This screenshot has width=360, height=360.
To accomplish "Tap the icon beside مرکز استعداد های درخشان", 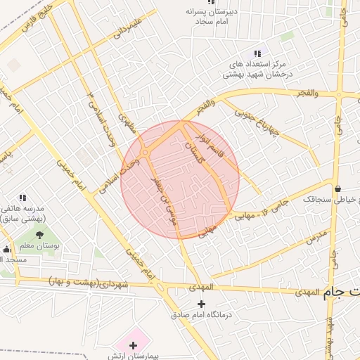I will (257, 53).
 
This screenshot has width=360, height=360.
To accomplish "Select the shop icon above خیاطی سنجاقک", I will (339, 188).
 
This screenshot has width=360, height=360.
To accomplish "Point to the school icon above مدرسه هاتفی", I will (22, 198).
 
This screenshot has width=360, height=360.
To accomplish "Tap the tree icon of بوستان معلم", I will (39, 233).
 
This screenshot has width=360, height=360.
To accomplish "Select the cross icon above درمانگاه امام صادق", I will (202, 304).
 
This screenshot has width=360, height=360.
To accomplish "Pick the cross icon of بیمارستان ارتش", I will (133, 345).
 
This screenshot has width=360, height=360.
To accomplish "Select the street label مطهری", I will (127, 124).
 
